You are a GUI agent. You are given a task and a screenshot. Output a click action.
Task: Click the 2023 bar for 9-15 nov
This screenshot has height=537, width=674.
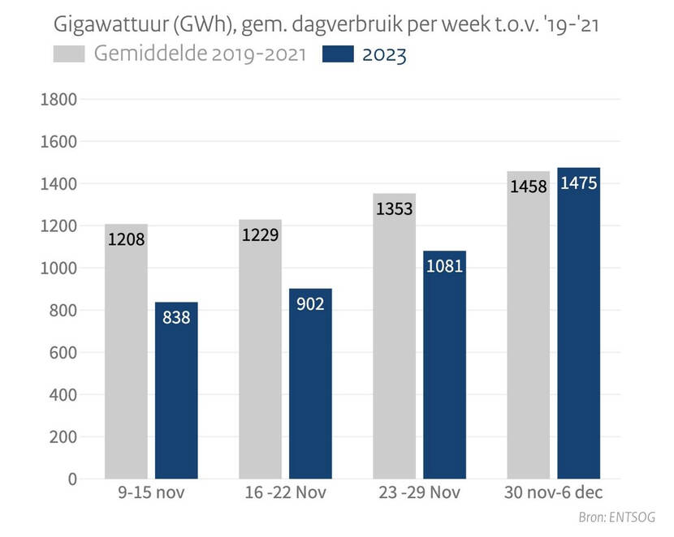[x=176, y=390]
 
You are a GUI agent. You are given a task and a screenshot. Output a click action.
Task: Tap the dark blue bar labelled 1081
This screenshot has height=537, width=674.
[x=444, y=364]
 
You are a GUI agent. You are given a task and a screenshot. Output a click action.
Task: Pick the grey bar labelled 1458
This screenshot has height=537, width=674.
[x=528, y=324]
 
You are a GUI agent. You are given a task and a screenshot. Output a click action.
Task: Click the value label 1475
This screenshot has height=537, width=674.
[x=579, y=183]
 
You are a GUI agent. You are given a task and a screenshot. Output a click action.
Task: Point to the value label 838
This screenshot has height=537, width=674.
[x=176, y=317]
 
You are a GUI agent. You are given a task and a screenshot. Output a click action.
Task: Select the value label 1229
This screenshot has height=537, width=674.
[x=260, y=234]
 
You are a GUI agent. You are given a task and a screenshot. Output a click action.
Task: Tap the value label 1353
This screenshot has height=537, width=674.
[x=395, y=208]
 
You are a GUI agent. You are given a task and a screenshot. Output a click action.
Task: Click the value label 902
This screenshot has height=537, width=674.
[x=310, y=303]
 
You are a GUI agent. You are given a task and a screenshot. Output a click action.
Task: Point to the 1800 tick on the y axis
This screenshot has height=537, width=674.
[x=58, y=100]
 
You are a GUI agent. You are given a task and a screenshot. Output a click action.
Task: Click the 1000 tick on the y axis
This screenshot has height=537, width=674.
[x=58, y=268]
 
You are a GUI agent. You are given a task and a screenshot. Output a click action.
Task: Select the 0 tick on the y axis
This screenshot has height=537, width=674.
[x=71, y=479]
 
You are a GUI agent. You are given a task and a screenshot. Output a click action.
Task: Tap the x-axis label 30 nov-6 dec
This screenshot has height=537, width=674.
[x=554, y=493]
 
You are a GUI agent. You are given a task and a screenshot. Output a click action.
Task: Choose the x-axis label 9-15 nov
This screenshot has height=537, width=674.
[x=151, y=493]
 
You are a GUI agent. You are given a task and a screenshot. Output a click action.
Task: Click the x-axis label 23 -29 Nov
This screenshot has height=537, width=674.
[x=419, y=493]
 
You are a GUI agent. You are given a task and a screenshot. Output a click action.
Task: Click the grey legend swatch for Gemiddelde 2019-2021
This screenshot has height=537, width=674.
[x=70, y=54]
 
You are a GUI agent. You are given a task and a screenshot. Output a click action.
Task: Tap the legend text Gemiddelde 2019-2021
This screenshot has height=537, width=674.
[x=200, y=55]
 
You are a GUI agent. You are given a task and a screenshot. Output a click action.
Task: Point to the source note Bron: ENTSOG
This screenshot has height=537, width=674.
[x=616, y=518]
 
